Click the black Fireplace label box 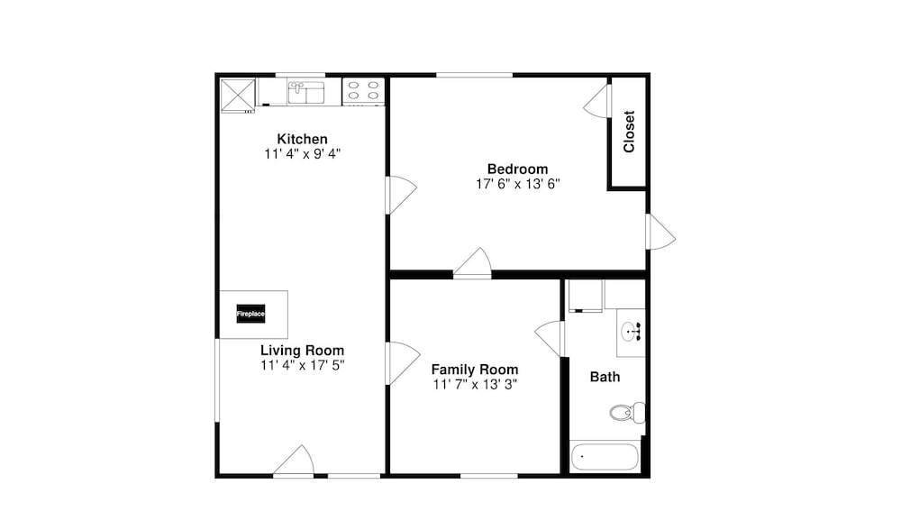(250, 314)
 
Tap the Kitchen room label (302, 139)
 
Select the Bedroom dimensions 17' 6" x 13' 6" (518, 184)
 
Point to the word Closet (629, 132)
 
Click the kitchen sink (306, 93)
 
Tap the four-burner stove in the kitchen (363, 91)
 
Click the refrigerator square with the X (238, 95)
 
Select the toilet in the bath (627, 413)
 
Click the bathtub (605, 457)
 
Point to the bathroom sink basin (631, 332)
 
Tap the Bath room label (605, 377)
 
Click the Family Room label (475, 370)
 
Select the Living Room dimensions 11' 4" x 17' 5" (302, 365)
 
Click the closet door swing (596, 101)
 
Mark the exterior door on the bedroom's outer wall (661, 232)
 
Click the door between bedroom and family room (473, 262)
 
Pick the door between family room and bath (550, 339)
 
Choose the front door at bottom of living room (294, 461)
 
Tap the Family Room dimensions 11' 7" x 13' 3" (475, 385)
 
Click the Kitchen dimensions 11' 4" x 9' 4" (302, 154)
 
